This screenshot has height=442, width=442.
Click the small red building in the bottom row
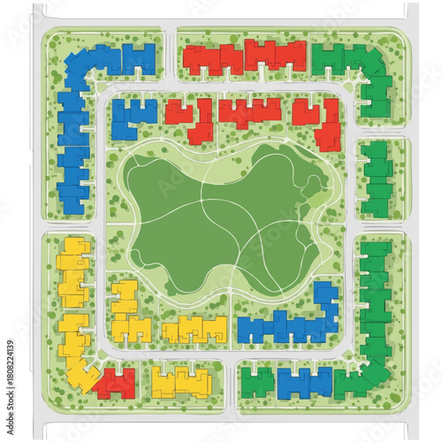click(116, 383)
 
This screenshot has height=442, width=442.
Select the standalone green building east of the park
click(377, 177)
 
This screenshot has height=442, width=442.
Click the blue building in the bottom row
click(303, 382)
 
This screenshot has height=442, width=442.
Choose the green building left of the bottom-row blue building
click(257, 382)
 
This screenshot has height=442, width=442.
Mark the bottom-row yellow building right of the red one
click(181, 382)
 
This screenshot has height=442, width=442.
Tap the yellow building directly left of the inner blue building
click(194, 329)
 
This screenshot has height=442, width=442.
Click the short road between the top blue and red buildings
click(171, 58)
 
